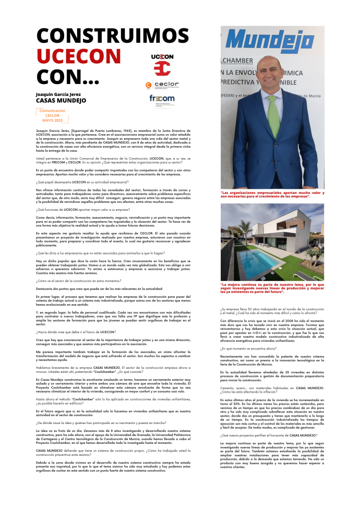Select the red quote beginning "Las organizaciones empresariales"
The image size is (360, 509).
point(272,194)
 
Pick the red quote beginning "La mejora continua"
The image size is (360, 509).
point(272,288)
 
